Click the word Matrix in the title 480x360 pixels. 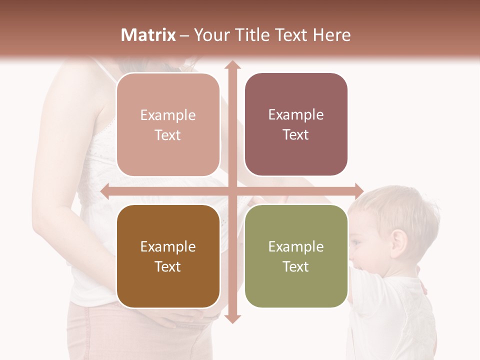148,35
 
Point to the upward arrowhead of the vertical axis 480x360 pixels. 232,65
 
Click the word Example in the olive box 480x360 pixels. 296,246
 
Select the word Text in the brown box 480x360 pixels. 168,266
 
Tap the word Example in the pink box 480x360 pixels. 168,115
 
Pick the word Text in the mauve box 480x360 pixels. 296,135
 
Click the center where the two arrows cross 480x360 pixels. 232,191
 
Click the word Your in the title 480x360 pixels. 210,35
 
